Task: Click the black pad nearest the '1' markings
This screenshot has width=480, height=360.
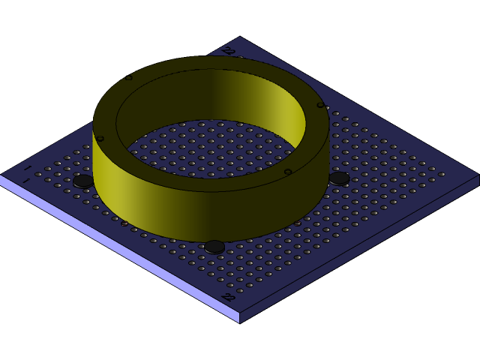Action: click(x=83, y=181)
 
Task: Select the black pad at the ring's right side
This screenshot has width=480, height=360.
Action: click(x=339, y=178)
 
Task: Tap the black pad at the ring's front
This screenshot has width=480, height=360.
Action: click(x=214, y=246)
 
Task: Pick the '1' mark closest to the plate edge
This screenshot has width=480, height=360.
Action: click(x=26, y=181)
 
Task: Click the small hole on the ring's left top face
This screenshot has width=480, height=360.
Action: click(x=99, y=139)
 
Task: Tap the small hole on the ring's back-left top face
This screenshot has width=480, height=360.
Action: click(x=128, y=77)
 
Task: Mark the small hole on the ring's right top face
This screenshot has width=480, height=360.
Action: click(x=320, y=105)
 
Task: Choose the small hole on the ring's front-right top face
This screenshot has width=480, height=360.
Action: click(x=287, y=172)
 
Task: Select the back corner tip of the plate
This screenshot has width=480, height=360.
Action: click(x=240, y=37)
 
